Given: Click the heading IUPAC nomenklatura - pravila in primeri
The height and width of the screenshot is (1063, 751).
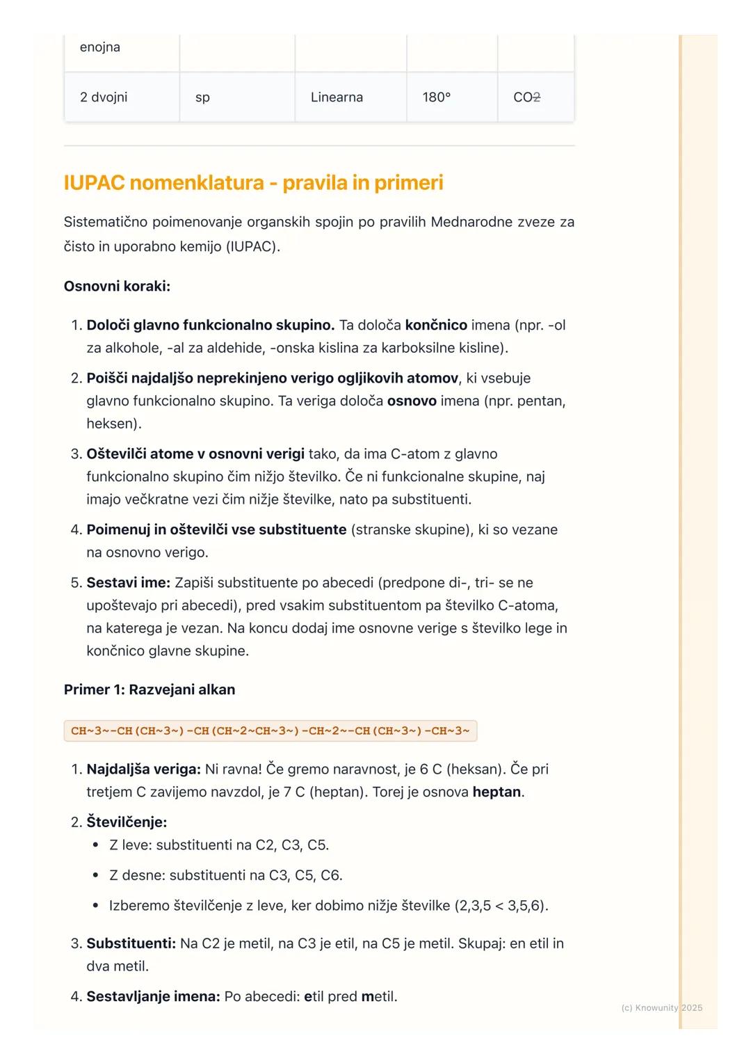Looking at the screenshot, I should [x=253, y=183].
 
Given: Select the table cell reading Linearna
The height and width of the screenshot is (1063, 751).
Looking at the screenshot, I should [x=337, y=97].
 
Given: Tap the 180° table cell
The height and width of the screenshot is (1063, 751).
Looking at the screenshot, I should [x=436, y=97].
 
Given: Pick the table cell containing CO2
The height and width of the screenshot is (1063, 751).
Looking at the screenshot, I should [x=526, y=97].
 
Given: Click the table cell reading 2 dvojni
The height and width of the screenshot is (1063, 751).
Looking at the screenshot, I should [x=104, y=97].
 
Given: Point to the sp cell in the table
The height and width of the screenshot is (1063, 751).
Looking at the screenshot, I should [x=202, y=97].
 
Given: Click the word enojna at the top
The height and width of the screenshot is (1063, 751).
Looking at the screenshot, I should [x=99, y=47].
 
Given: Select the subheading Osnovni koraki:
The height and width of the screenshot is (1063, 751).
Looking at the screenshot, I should [x=117, y=286].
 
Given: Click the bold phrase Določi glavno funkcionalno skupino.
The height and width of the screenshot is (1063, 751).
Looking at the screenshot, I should [x=210, y=325].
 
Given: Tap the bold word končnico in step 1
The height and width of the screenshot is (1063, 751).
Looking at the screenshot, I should [x=436, y=325].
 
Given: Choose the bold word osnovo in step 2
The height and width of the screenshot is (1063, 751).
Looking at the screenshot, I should [x=412, y=401].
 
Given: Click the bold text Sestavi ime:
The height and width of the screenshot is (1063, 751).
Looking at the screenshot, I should [x=128, y=582].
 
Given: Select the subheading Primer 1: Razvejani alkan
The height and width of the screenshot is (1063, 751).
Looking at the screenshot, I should [x=150, y=689].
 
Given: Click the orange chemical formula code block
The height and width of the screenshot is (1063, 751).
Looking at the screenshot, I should [x=270, y=731].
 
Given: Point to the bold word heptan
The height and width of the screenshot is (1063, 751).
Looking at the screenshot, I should [x=496, y=792].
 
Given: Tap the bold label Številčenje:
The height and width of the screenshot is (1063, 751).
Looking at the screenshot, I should [x=127, y=822].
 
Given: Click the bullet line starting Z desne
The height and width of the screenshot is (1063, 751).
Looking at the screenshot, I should [x=225, y=875].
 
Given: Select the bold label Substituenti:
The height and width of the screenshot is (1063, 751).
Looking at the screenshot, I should [x=131, y=943].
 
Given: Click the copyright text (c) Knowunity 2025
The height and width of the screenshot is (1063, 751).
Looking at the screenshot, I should [x=661, y=1008].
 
